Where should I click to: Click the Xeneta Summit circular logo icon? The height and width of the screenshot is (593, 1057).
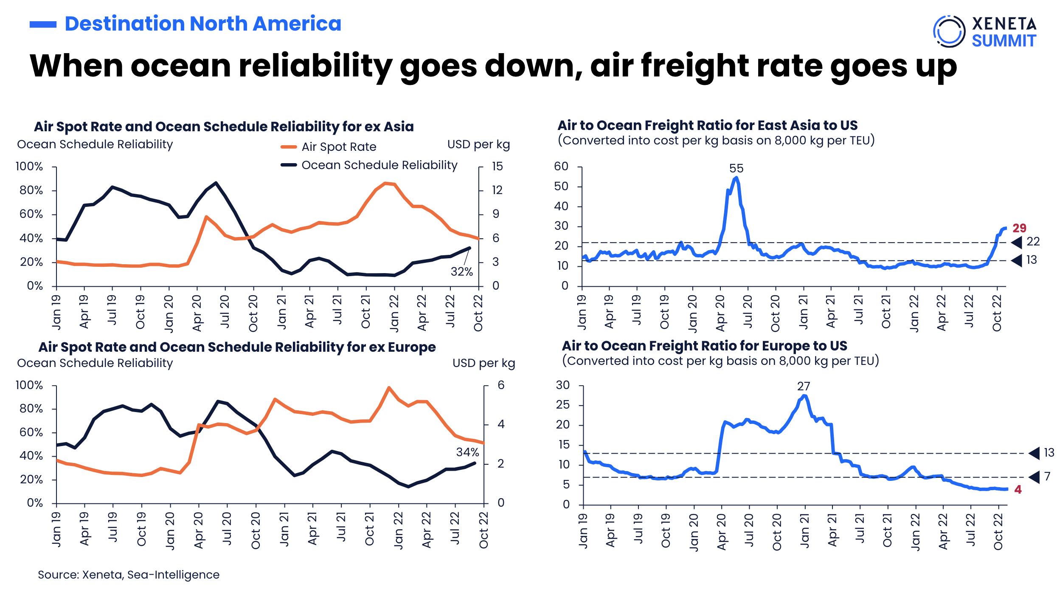coord(949,31)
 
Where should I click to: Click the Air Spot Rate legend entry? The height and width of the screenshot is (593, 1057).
coord(329,147)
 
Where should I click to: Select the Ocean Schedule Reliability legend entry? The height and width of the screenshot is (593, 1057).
coord(369,165)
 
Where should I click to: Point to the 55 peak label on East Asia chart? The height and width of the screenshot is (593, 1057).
coord(736,169)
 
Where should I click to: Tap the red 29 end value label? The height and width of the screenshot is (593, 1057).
coord(1019,228)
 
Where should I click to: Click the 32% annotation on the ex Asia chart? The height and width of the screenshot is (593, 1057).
coord(461,272)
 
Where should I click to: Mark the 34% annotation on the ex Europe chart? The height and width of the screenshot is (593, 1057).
coord(467,452)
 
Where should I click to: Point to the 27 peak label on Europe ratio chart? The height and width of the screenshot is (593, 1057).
coord(803,387)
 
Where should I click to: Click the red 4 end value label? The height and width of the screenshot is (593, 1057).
coord(1018,490)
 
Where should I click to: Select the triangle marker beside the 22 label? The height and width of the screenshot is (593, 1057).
coord(1017,243)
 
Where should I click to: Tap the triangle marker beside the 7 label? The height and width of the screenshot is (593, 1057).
coord(1035,477)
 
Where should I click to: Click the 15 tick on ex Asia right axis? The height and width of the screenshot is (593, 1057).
coord(497,167)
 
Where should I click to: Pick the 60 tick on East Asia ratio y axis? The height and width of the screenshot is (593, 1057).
coord(561,167)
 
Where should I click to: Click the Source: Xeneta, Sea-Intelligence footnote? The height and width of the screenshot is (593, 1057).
coord(129,575)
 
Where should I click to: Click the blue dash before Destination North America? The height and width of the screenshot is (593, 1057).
coord(43,25)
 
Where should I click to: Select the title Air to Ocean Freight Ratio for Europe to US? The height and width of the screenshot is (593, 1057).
coord(704,346)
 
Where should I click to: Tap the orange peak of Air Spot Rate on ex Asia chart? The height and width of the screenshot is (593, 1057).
coord(385,183)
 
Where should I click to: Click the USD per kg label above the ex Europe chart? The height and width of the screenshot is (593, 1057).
coord(484,364)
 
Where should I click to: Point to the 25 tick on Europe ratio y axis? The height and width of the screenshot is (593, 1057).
coord(563,405)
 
